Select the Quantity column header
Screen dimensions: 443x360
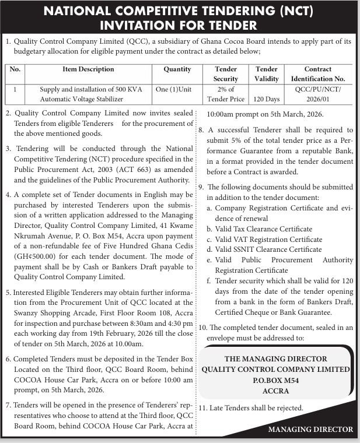coord(177,69)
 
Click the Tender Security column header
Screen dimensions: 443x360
coord(225,73)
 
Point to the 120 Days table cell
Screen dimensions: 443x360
coord(267,99)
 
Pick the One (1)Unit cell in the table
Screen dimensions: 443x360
coord(173,89)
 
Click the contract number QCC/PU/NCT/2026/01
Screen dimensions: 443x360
coord(317,94)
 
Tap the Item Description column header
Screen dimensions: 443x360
coord(88,69)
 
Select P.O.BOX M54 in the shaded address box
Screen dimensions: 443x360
coord(276,379)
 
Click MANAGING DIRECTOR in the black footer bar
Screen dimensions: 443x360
coord(310,430)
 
